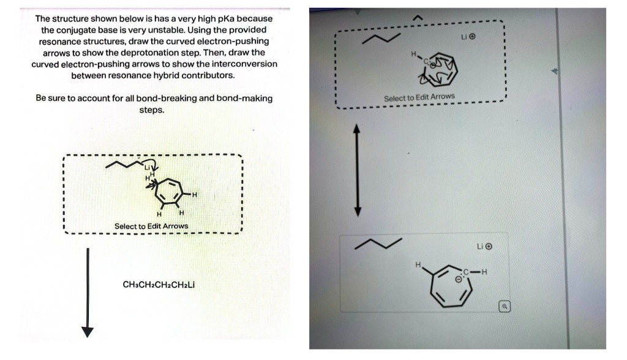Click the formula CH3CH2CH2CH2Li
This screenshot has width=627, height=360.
[159, 285]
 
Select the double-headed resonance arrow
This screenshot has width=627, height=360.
[359, 171]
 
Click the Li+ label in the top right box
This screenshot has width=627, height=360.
[468, 37]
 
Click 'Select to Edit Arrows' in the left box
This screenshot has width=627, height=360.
[151, 227]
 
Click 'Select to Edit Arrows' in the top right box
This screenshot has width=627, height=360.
[419, 97]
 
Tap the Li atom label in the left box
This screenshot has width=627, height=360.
[147, 167]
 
